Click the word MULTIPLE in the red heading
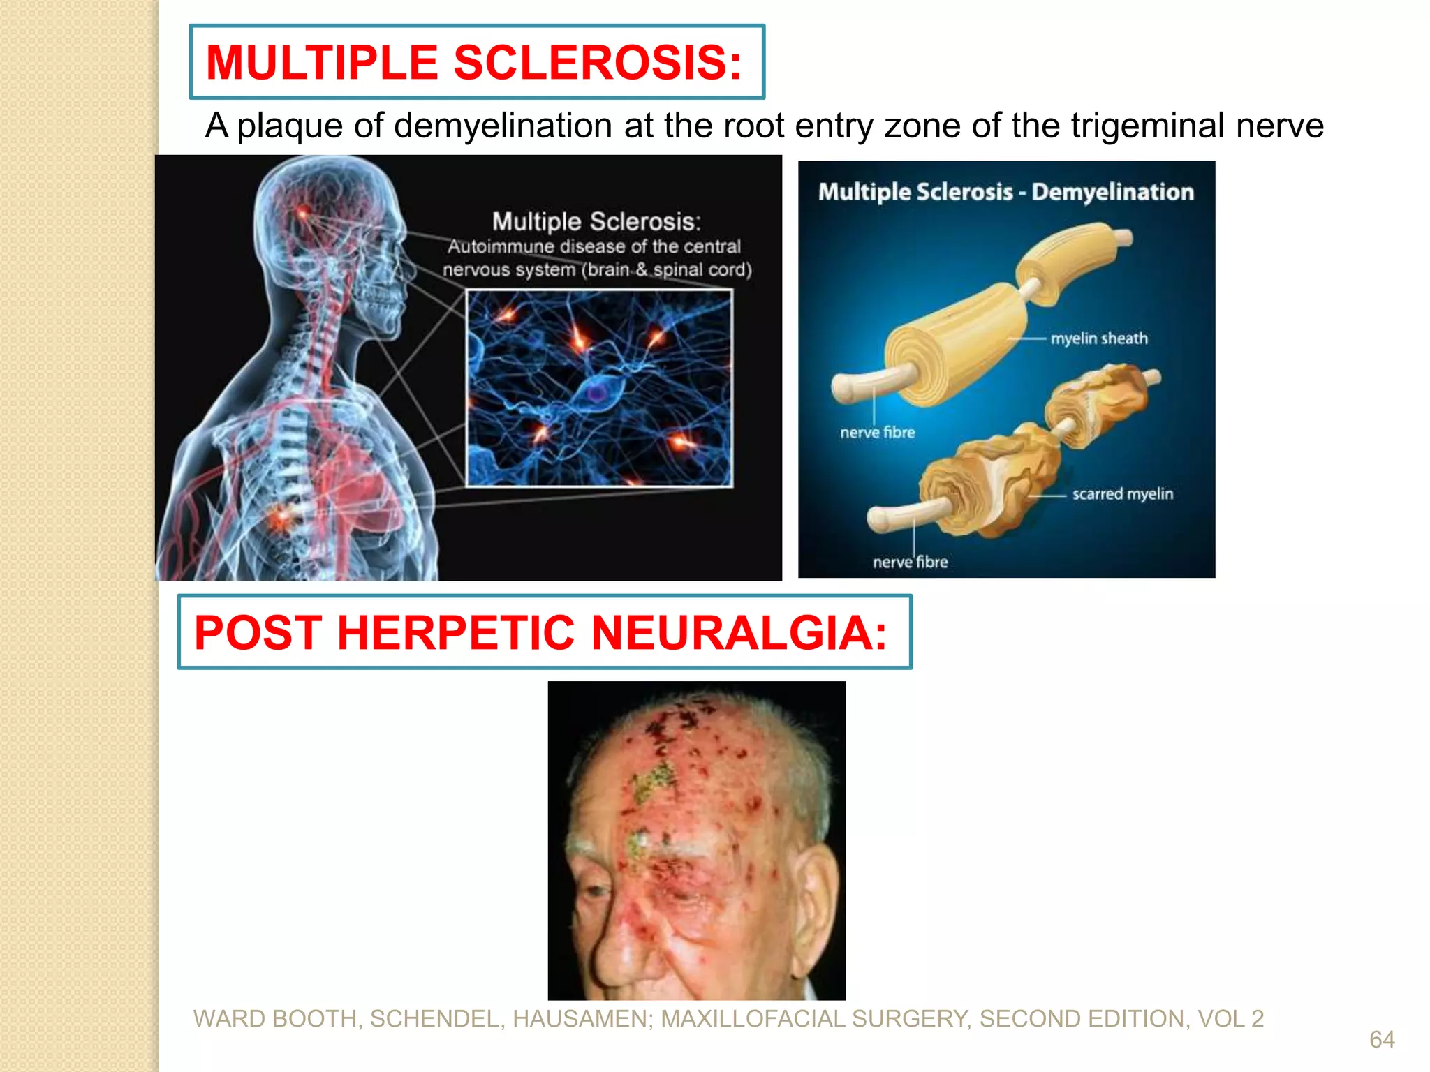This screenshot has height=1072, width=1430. (321, 63)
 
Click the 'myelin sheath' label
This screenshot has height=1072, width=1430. (1099, 338)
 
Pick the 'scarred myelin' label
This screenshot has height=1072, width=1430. (1122, 494)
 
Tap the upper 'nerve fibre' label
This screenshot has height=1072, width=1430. (877, 433)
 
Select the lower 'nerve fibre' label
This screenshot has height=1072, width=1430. (910, 563)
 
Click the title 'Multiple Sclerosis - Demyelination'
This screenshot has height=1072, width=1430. (1005, 192)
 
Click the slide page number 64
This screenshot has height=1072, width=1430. (1382, 1040)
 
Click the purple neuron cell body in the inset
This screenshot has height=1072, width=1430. (596, 393)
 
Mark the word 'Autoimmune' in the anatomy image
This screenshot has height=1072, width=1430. (500, 247)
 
